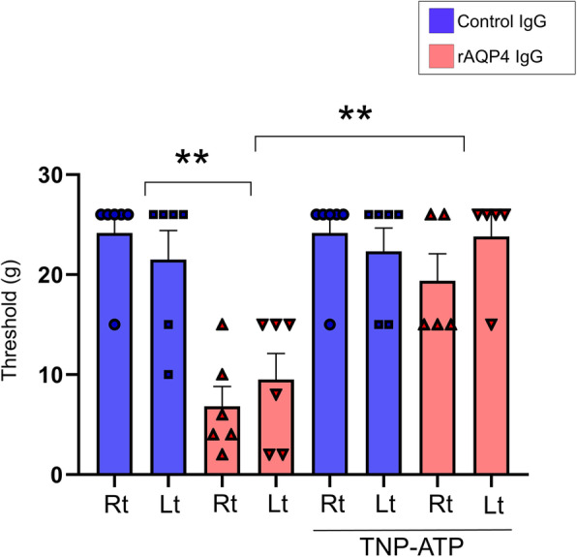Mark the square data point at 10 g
pyautogui.click(x=167, y=375)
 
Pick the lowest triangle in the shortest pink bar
pyautogui.click(x=222, y=454)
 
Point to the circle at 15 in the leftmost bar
pyautogui.click(x=114, y=325)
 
